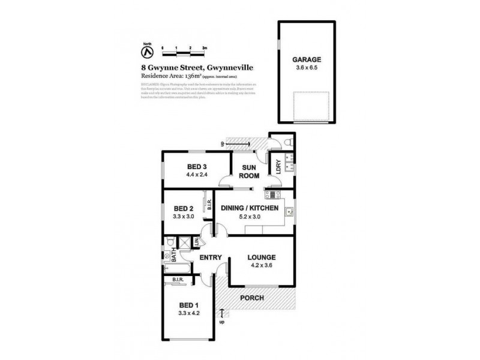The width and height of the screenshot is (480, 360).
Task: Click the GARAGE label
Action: point(307,59)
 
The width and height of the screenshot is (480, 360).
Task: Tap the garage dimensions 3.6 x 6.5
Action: point(307,68)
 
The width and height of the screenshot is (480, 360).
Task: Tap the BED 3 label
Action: point(197,167)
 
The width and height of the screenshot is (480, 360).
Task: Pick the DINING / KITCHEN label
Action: point(251,208)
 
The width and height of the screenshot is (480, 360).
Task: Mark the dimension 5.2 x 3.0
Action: point(251,217)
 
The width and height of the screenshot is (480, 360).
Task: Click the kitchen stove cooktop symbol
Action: point(269,194)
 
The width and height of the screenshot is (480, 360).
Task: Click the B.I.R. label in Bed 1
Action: point(178,280)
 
